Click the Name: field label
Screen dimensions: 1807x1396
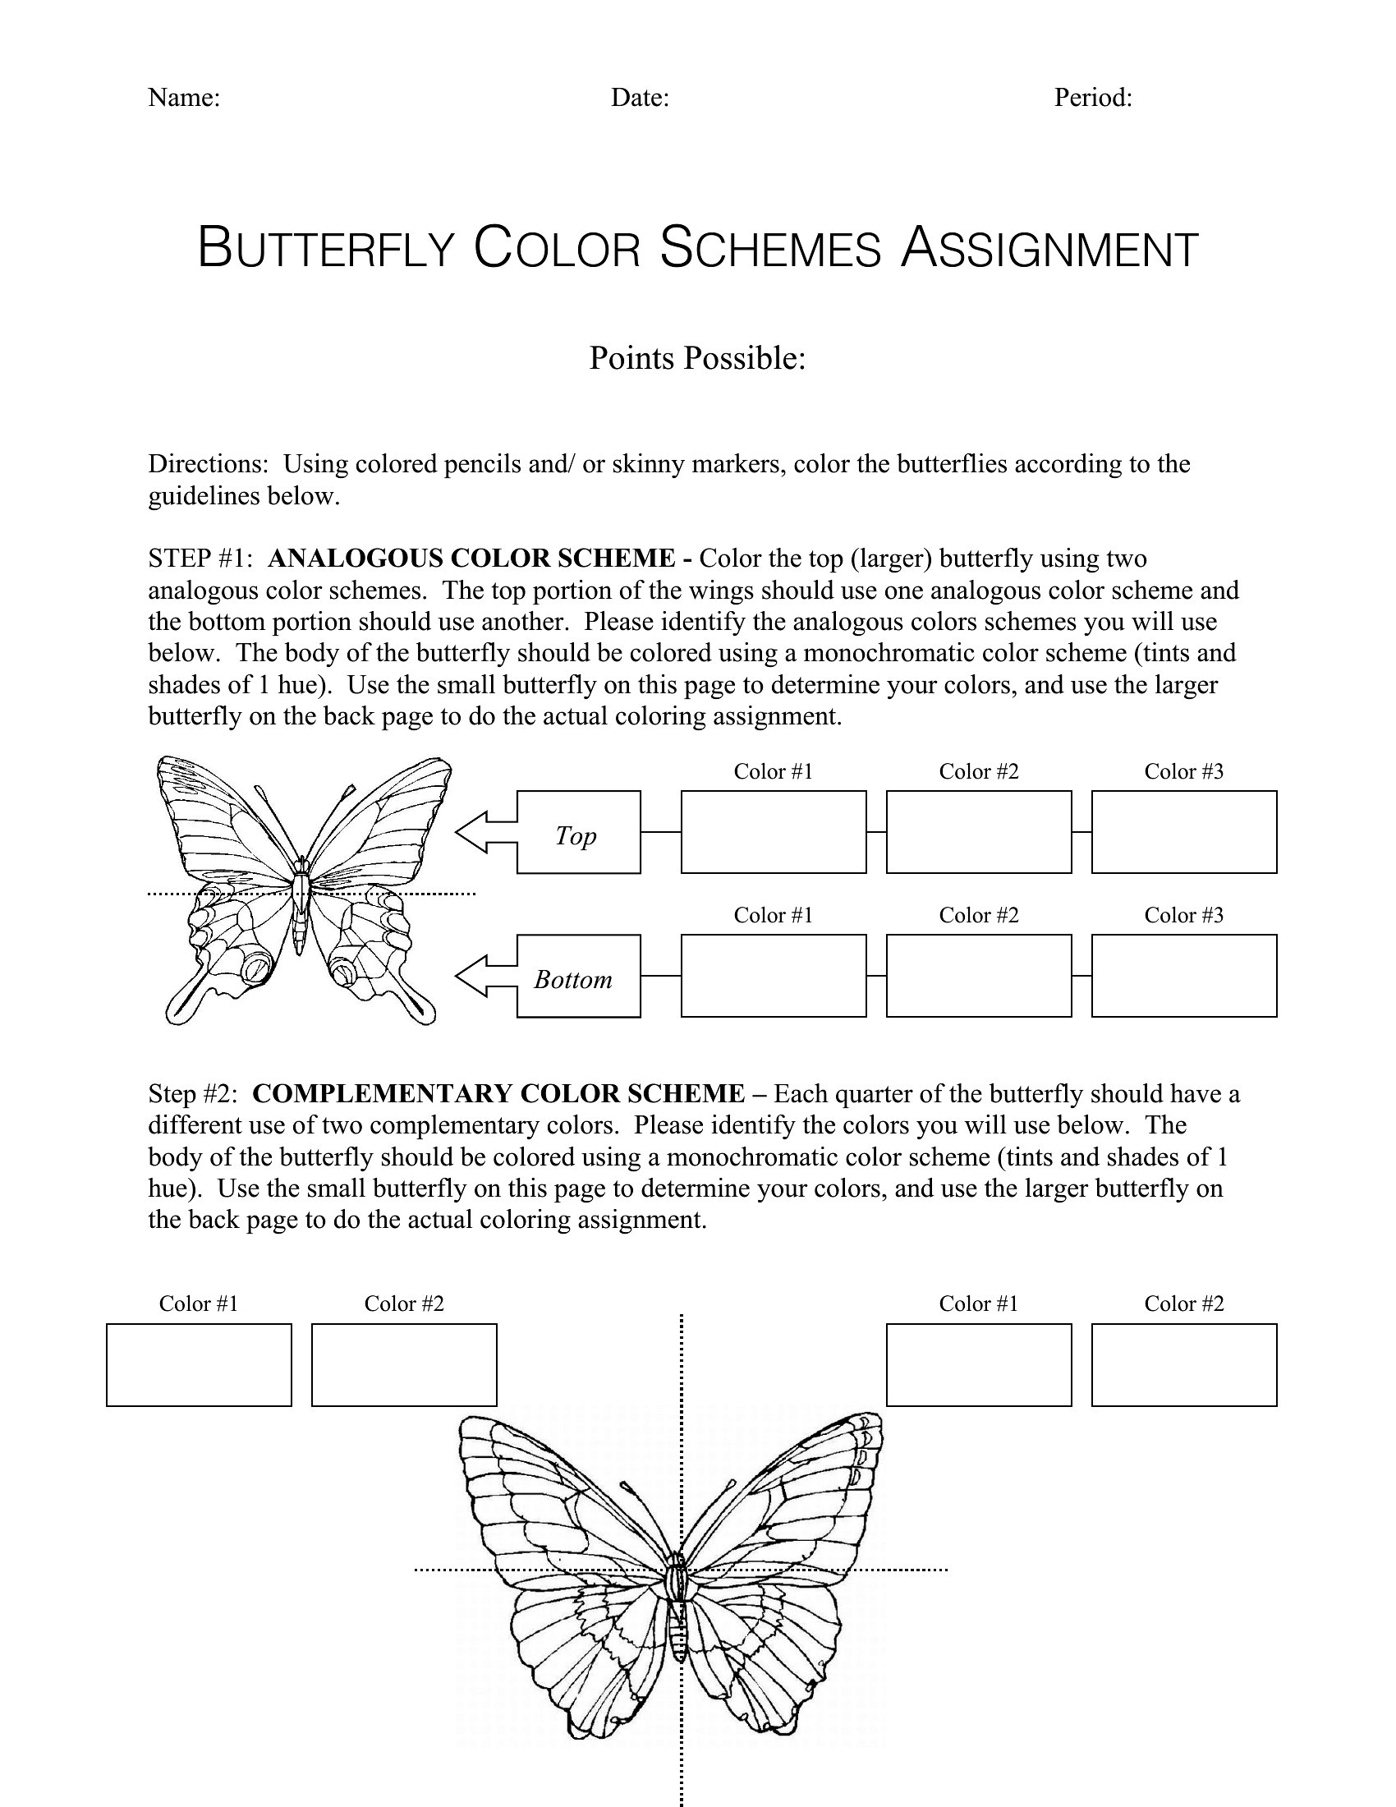click(184, 98)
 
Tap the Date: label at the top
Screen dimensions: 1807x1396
click(639, 98)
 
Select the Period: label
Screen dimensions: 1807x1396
click(1092, 98)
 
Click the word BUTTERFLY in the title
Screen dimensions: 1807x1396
click(326, 247)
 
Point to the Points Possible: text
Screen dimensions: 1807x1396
click(697, 358)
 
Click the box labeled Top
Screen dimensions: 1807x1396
click(578, 831)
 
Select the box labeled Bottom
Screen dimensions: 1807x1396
click(578, 976)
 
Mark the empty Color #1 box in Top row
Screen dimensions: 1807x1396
click(774, 831)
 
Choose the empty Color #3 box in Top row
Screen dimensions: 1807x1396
click(1183, 831)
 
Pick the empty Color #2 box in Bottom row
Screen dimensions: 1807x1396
click(978, 976)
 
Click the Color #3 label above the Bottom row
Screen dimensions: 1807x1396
click(1183, 915)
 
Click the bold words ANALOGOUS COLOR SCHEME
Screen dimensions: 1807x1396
click(471, 559)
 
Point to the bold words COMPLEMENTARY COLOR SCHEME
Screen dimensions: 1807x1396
click(498, 1094)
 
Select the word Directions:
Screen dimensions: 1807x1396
click(209, 464)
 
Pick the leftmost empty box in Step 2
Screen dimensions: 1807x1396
click(199, 1364)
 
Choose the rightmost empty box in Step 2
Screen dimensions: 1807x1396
click(1183, 1364)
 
